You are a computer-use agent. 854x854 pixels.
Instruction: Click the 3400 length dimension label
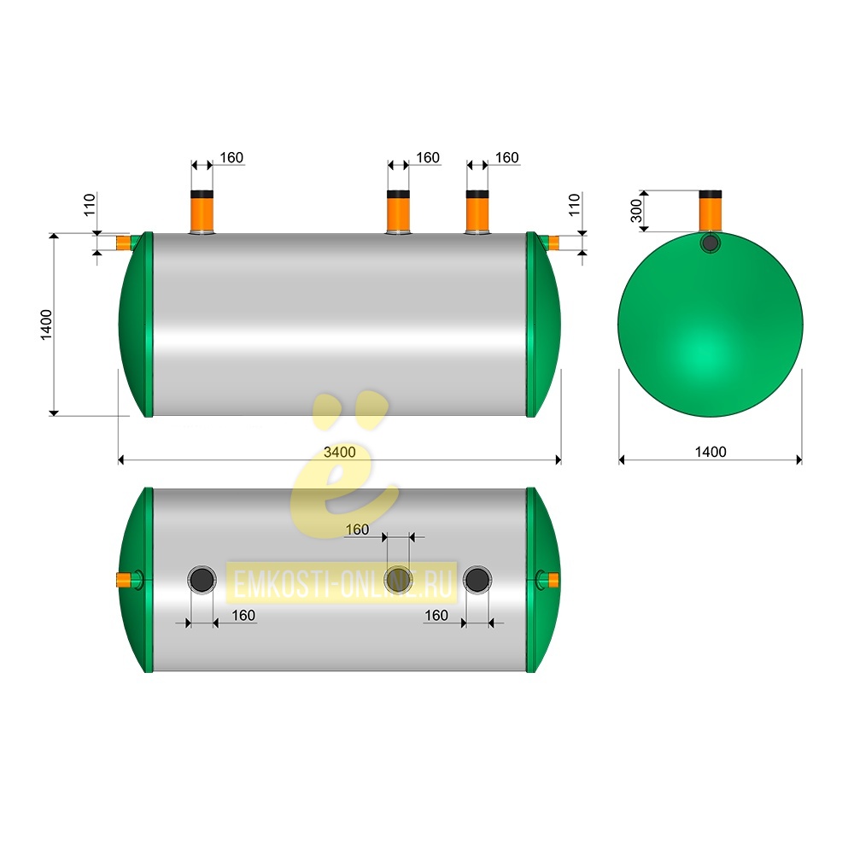pyautogui.click(x=339, y=452)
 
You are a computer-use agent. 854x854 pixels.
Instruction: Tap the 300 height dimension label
pyautogui.click(x=636, y=211)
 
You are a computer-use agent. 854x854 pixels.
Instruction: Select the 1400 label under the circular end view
pyautogui.click(x=711, y=452)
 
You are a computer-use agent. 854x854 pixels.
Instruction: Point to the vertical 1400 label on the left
pyautogui.click(x=46, y=325)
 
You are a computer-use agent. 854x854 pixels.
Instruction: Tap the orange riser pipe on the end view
pyautogui.click(x=711, y=211)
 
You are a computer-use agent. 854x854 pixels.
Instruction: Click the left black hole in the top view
pyautogui.click(x=202, y=580)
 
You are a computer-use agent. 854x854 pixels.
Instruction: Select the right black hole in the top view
pyautogui.click(x=477, y=580)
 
